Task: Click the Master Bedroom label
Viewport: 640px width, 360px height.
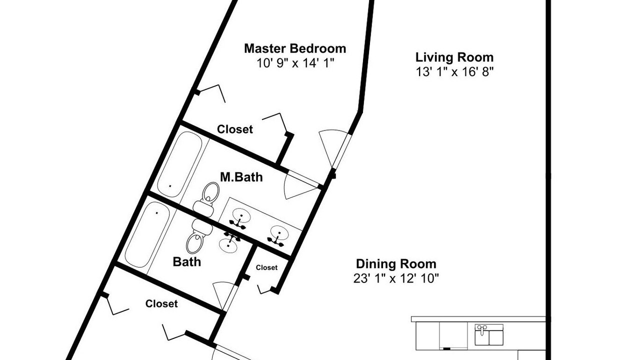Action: click(295, 48)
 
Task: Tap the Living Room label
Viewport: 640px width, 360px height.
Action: click(454, 57)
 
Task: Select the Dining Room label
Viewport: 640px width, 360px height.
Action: click(396, 263)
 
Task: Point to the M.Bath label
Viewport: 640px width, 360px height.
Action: click(241, 177)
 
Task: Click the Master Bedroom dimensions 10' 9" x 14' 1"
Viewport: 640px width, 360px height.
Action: click(295, 63)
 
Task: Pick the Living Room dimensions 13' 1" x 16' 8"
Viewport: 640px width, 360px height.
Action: click(454, 71)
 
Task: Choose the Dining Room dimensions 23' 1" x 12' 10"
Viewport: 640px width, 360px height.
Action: click(396, 278)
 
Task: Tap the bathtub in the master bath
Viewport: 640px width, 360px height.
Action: click(180, 164)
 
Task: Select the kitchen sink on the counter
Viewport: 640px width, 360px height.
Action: click(489, 334)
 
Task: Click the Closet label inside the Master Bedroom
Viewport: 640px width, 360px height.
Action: click(235, 129)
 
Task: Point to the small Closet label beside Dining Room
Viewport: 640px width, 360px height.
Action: click(266, 267)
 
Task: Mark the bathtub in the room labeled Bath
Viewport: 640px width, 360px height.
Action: click(147, 234)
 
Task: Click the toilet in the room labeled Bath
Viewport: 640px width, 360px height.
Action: click(199, 237)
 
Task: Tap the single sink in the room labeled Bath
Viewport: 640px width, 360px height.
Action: click(228, 243)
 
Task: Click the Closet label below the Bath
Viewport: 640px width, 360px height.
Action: click(161, 303)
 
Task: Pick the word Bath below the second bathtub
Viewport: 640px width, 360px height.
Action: click(187, 261)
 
